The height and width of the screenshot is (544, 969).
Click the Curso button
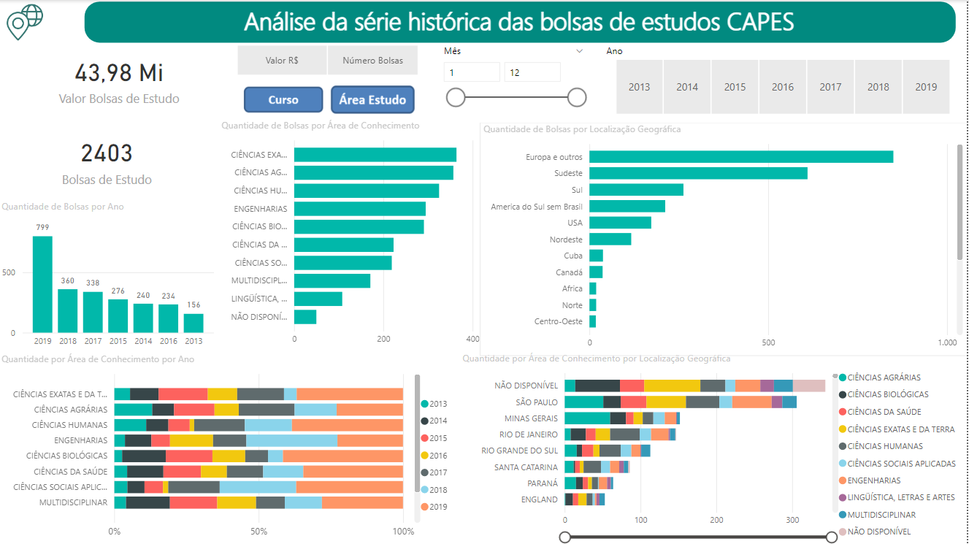click(x=283, y=100)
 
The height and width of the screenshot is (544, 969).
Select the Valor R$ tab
click(x=282, y=61)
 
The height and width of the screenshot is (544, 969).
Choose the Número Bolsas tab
click(x=372, y=61)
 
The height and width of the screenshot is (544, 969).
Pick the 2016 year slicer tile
click(x=782, y=87)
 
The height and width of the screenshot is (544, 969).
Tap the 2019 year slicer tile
click(x=925, y=87)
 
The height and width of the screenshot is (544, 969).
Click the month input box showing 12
click(x=532, y=72)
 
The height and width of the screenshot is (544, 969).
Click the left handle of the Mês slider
click(x=456, y=97)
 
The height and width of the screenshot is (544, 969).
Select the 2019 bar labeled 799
click(x=42, y=284)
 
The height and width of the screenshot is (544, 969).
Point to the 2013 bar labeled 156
click(x=194, y=323)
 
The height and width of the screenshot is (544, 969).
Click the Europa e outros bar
click(x=740, y=157)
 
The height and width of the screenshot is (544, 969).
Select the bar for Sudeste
click(x=697, y=173)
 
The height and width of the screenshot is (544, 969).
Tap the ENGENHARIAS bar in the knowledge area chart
click(x=359, y=209)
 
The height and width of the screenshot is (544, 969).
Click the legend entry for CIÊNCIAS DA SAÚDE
click(x=884, y=412)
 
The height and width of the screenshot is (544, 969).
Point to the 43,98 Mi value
click(x=119, y=73)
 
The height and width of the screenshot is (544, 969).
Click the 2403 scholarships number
click(x=107, y=153)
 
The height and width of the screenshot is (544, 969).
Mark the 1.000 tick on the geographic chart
click(x=946, y=342)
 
